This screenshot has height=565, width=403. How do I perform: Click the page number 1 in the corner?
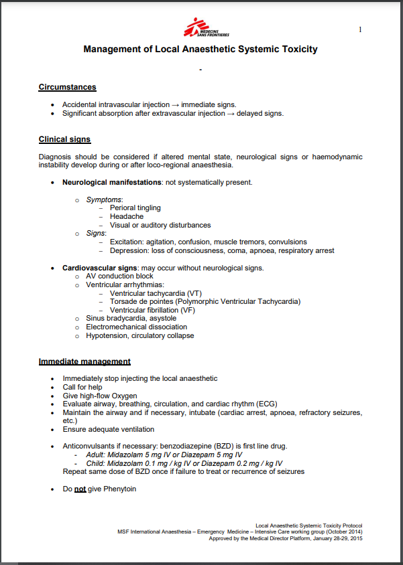pos(361,29)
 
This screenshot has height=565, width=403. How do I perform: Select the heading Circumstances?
pos(67,87)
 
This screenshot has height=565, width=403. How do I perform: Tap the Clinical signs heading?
pos(64,139)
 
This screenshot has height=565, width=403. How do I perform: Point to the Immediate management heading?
pos(84,361)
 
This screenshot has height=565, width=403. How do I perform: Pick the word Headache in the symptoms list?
pos(127,216)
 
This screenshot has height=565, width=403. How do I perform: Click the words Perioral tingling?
pos(135,208)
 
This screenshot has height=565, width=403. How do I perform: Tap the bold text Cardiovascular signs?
pos(100,268)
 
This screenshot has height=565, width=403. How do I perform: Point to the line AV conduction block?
pos(119,276)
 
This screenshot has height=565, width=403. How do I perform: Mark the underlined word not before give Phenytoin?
pos(80,489)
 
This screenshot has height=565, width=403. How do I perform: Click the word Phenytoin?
pos(120,489)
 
